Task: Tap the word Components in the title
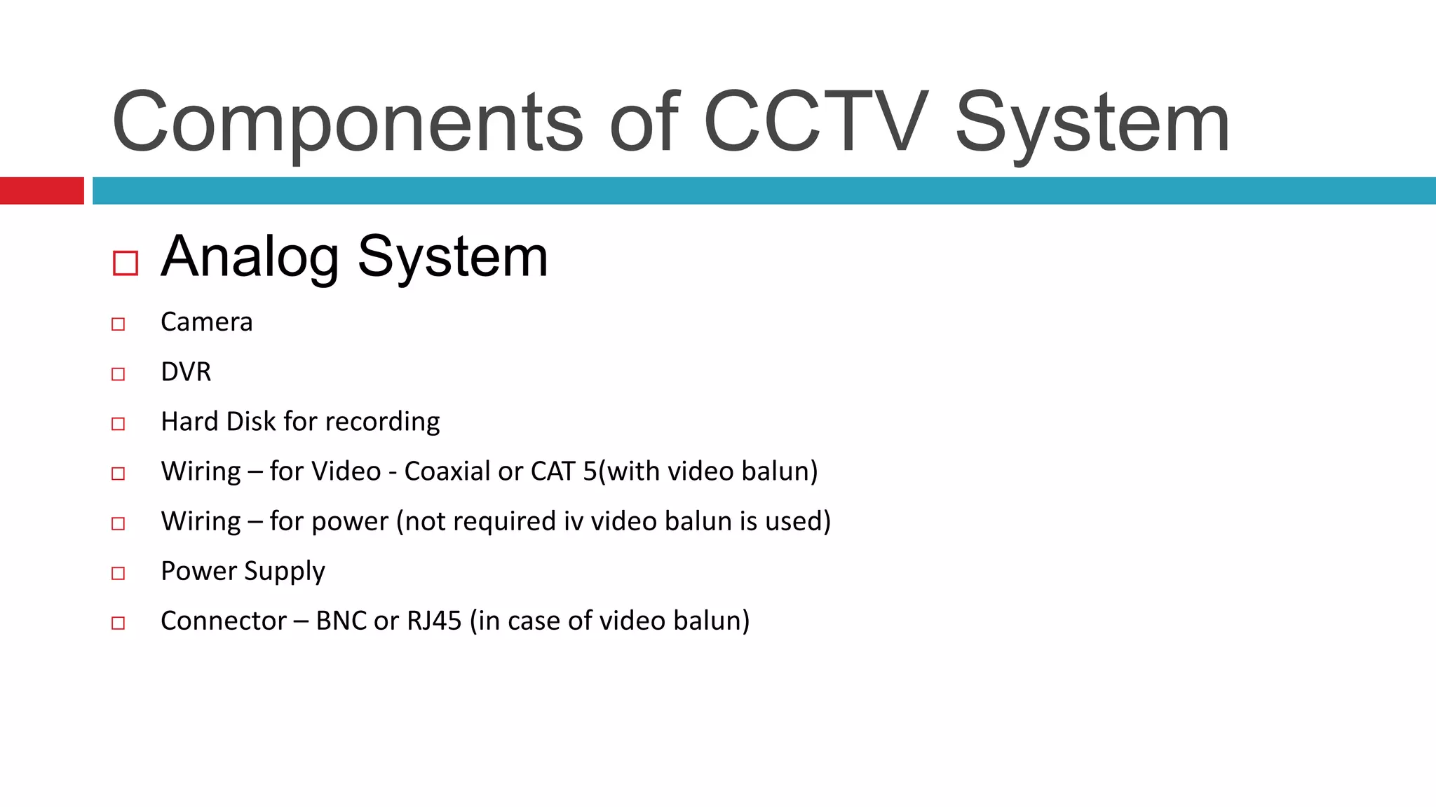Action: tap(347, 122)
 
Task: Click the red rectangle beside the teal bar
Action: tap(41, 191)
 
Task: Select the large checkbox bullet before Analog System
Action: tap(126, 263)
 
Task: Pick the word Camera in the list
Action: tap(206, 322)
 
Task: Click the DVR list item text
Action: tap(186, 372)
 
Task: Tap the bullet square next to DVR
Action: tap(118, 374)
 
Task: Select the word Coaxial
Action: tap(447, 471)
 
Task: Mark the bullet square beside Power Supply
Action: tap(118, 573)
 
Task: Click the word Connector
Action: tap(223, 621)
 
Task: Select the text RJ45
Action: tap(434, 621)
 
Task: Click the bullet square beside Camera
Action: tap(118, 324)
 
